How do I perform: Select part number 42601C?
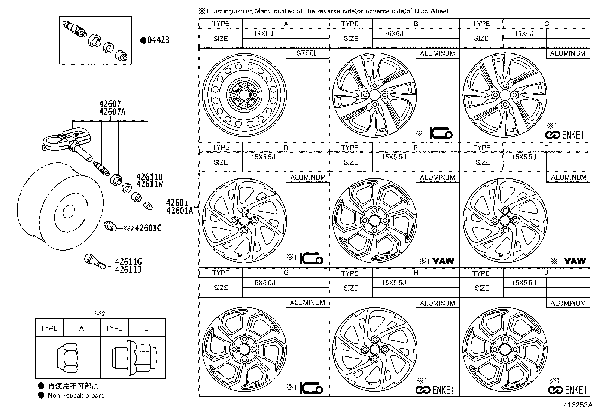click(x=148, y=228)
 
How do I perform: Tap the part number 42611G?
click(x=128, y=261)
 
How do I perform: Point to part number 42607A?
click(x=112, y=111)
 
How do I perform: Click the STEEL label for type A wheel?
click(x=307, y=53)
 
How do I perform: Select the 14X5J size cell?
click(x=264, y=33)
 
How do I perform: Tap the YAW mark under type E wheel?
click(x=443, y=261)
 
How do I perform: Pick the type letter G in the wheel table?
click(x=286, y=273)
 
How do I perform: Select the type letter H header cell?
click(x=416, y=273)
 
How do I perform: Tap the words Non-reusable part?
click(x=75, y=395)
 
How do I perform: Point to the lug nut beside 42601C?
click(x=110, y=226)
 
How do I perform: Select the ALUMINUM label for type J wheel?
click(x=568, y=303)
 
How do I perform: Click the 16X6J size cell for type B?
click(x=394, y=33)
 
